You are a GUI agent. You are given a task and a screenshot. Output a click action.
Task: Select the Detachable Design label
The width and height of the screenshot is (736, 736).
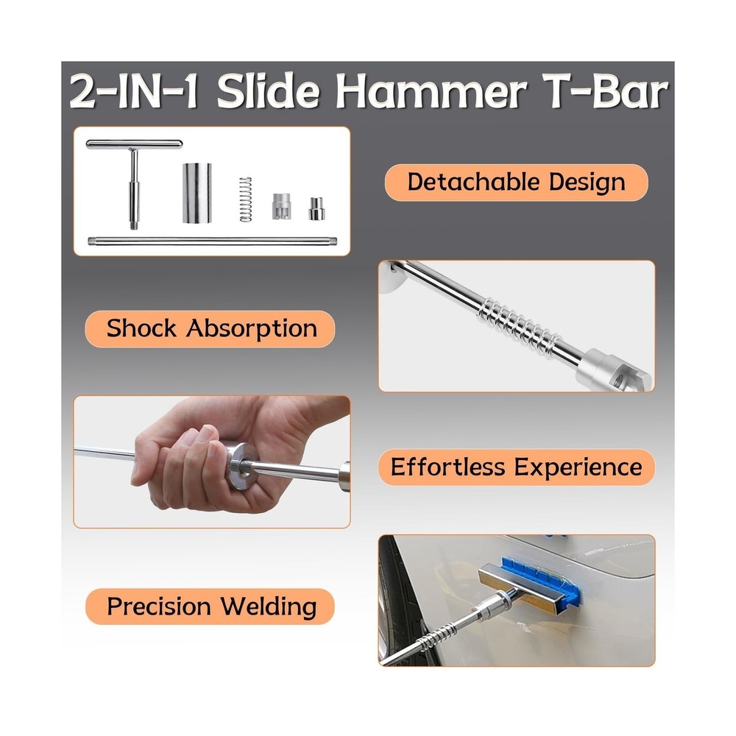click(x=516, y=182)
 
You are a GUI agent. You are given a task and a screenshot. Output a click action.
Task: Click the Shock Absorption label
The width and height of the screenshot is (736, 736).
click(x=211, y=329)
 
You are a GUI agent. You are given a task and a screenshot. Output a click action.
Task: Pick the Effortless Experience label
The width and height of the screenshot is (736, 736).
click(x=516, y=467)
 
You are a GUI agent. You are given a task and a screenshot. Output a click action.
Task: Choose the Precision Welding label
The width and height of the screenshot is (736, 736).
click(x=211, y=607)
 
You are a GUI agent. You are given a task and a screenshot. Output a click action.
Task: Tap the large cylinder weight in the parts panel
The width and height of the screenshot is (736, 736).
click(x=197, y=194)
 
